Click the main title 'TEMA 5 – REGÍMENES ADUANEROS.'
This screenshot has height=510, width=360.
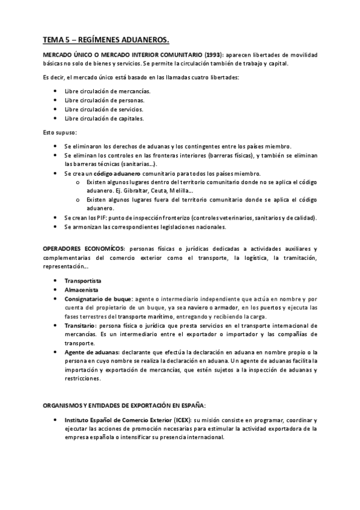[x=105, y=40]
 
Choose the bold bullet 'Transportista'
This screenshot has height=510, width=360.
[x=83, y=281]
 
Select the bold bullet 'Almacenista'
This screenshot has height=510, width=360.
[x=82, y=290]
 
